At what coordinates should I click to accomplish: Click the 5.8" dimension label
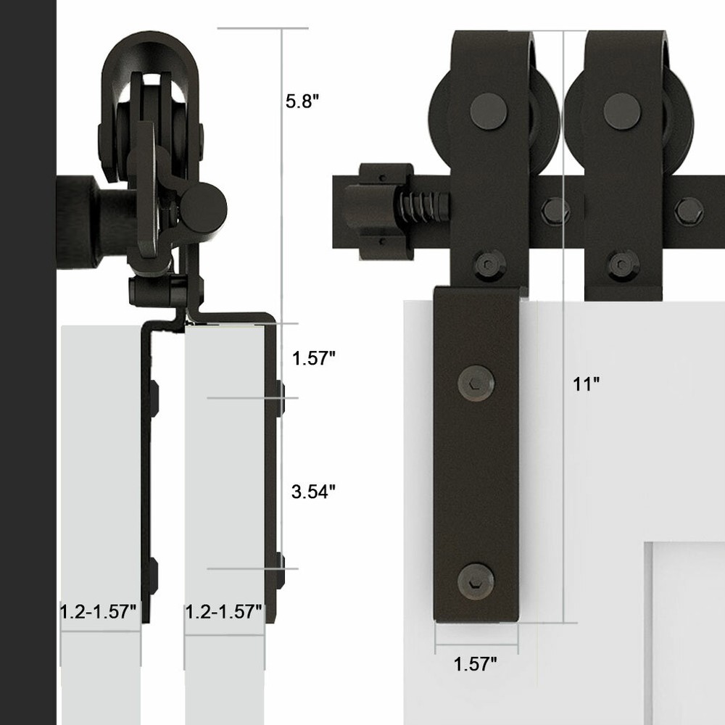tap(302, 101)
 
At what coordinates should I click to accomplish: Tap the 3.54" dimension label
tap(313, 492)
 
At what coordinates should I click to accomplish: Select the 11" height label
tap(586, 384)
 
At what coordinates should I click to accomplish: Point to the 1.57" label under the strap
tap(475, 664)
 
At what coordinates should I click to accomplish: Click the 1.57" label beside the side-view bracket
tap(313, 358)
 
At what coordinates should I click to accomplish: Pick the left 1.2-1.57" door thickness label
tap(99, 612)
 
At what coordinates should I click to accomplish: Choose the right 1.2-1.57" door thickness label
tap(224, 612)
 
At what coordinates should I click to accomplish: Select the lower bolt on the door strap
tap(476, 581)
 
